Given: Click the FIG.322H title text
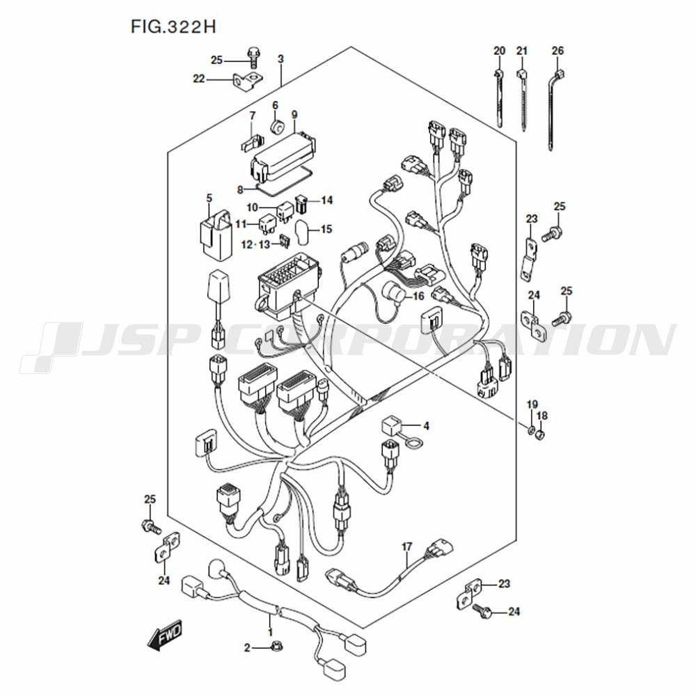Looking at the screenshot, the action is pos(173,27).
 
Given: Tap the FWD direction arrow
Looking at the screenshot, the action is pos(165,635).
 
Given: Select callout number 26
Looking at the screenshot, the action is pos(557,51).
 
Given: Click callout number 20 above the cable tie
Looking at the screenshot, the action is pos(499,51).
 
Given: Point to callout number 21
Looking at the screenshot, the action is pos(522,51).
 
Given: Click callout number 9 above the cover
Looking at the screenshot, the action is pos(294,115).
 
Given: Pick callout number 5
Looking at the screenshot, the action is pos(209,198).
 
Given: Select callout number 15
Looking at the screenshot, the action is pos(326,230).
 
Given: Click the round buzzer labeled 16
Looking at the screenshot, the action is pos(393,292).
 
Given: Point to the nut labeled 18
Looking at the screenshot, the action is pos(540,434).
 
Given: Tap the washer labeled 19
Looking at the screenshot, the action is pos(531,429).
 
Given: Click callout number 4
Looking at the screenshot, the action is pos(426,426).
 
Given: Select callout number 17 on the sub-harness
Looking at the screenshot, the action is pos(407,547).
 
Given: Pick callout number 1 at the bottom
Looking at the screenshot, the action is pos(270,632).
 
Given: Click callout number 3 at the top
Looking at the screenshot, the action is pos(280,59).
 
